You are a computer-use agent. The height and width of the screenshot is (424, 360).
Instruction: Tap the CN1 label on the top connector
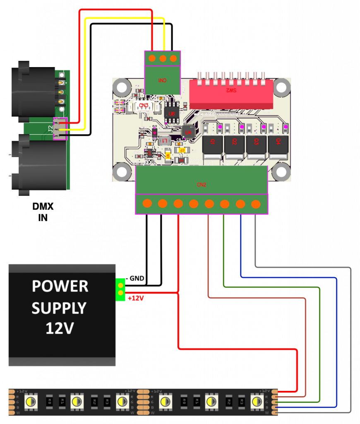162,80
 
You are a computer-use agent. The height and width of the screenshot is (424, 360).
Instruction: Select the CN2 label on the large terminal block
201,184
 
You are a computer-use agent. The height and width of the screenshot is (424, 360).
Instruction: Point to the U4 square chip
188,132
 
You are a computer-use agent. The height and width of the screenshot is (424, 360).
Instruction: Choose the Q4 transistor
278,143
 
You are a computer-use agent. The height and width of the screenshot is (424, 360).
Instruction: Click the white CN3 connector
143,106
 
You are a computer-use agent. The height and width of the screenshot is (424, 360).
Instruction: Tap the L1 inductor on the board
164,141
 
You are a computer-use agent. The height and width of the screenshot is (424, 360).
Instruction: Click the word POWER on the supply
60,286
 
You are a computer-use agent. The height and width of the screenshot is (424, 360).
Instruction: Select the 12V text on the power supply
60,328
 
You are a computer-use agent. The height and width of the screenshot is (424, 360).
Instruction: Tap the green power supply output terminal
120,289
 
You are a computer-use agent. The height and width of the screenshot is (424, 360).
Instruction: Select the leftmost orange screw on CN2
147,204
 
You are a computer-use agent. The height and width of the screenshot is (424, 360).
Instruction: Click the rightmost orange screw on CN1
173,58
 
